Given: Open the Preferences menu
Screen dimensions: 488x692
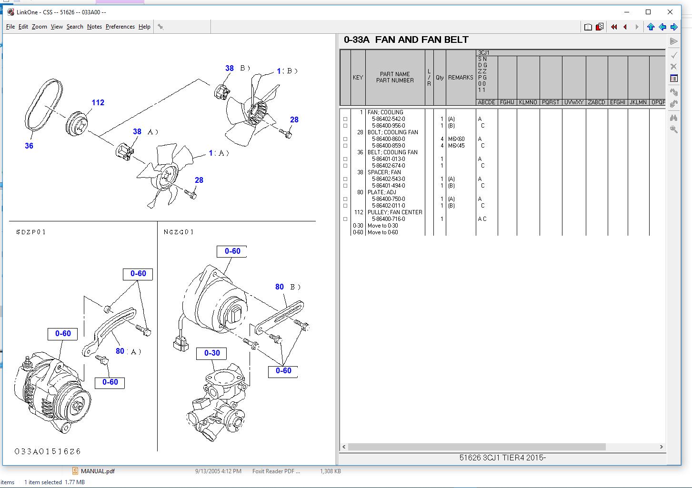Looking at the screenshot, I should (x=120, y=27).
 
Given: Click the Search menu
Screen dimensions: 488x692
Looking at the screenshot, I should (x=75, y=27).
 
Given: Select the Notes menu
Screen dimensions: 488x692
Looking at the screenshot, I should (x=94, y=27).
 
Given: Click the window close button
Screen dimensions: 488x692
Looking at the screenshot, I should (x=670, y=12).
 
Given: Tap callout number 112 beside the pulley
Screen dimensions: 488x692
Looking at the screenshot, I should (x=98, y=102).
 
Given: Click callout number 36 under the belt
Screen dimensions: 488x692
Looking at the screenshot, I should (x=29, y=146).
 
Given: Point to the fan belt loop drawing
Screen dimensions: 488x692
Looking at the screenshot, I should (x=43, y=105).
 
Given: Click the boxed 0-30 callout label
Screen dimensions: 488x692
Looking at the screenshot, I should (x=212, y=353).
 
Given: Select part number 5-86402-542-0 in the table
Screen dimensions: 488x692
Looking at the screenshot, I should (x=388, y=119).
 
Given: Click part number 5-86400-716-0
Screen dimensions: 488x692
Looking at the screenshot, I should (x=388, y=219).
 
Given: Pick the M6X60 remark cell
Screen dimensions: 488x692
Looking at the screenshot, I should (x=456, y=139).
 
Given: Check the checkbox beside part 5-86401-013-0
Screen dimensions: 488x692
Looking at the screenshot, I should (x=345, y=159).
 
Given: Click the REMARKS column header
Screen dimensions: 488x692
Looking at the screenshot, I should (x=461, y=78).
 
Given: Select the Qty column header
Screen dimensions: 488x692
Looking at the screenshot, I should (x=440, y=78).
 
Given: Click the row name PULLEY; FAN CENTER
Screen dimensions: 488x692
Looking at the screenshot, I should (x=395, y=212).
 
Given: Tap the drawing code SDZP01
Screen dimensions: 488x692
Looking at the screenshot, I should (x=31, y=232).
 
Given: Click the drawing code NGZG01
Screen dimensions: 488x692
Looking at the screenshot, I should (x=179, y=232).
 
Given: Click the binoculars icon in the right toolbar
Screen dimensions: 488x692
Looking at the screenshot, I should (x=673, y=117).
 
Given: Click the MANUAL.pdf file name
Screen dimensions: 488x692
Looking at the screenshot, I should (x=98, y=471).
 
